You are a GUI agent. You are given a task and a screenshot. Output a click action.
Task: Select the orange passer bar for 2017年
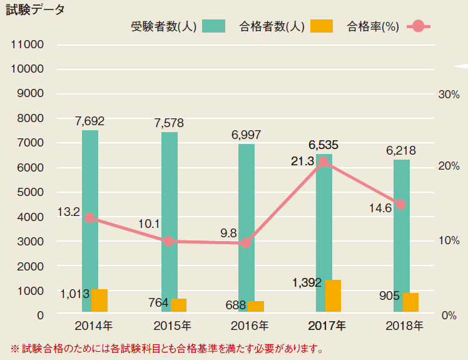pos(333,296)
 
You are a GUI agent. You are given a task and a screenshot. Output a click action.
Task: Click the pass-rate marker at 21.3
pos(323,163)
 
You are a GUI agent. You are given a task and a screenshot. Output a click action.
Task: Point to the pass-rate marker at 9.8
pos(246,243)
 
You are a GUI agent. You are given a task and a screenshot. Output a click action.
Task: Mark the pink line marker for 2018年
pos(401,204)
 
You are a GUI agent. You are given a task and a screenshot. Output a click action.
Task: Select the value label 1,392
pos(307,283)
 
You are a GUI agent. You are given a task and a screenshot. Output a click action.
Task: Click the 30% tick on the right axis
pos(449,95)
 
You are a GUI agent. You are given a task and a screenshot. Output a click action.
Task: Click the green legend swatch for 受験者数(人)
pos(213,26)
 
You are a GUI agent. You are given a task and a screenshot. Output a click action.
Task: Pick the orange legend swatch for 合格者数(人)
pos(323,26)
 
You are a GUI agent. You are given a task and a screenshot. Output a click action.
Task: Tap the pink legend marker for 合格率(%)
pos(419,26)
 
